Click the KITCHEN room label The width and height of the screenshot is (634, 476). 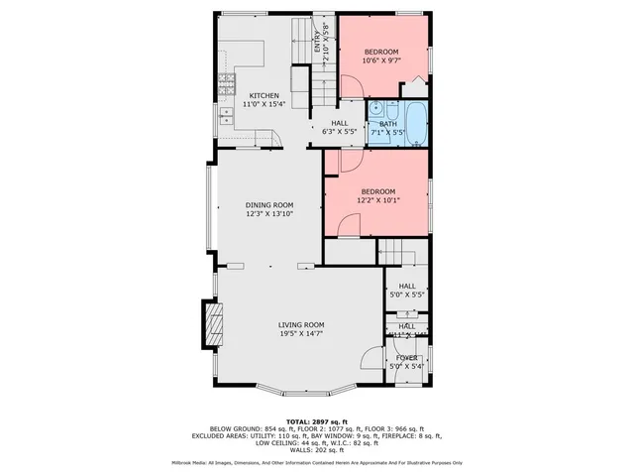pos(250,96)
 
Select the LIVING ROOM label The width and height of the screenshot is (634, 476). pos(301,325)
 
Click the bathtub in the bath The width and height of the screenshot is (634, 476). pos(415,124)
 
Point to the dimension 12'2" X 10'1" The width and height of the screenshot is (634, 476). pos(377,200)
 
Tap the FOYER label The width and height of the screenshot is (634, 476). pos(406,357)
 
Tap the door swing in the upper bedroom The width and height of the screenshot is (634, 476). pos(351,85)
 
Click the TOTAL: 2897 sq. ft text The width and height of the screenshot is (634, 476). pos(317,421)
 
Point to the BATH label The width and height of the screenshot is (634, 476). pos(387,124)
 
